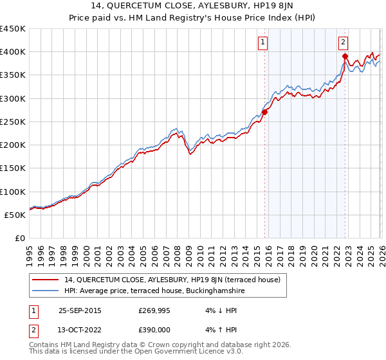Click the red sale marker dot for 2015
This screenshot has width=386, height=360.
click(264, 112)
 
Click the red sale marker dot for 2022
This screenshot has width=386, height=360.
click(345, 56)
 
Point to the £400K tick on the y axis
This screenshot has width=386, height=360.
click(13, 52)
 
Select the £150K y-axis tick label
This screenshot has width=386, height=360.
click(13, 168)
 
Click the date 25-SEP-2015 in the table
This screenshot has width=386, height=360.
click(80, 310)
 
